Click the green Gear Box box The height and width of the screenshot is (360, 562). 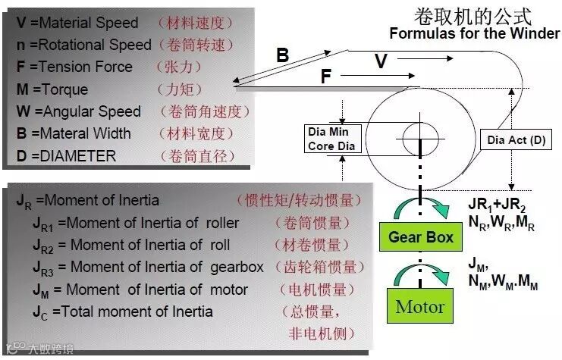pyautogui.click(x=421, y=237)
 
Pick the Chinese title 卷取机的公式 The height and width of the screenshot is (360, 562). pyautogui.click(x=472, y=16)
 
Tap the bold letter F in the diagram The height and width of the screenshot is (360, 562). pyautogui.click(x=325, y=77)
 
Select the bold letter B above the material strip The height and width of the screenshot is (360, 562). pyautogui.click(x=282, y=55)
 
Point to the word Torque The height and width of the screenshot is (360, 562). pyautogui.click(x=64, y=89)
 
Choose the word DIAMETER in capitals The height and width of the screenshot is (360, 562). pyautogui.click(x=79, y=156)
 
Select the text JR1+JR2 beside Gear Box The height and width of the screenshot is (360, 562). pyautogui.click(x=496, y=205)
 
